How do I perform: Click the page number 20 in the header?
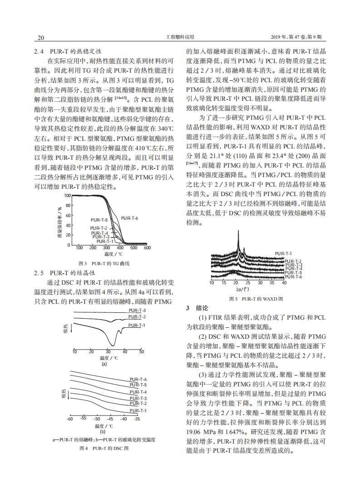40,37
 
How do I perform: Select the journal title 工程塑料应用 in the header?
180,37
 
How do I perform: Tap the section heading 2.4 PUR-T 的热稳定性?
68,51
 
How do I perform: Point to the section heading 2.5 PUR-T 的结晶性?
65,273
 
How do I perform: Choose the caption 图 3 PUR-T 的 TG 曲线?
104,263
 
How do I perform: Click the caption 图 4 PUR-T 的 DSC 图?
104,448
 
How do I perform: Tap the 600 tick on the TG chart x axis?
147,248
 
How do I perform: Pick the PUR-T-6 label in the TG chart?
129,218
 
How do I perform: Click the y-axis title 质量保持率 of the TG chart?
59,222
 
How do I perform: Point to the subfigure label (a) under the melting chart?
104,364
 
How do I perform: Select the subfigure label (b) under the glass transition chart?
103,432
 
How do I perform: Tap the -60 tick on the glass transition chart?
70,419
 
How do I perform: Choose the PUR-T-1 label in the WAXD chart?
283,253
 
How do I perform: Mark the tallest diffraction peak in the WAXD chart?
238,234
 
